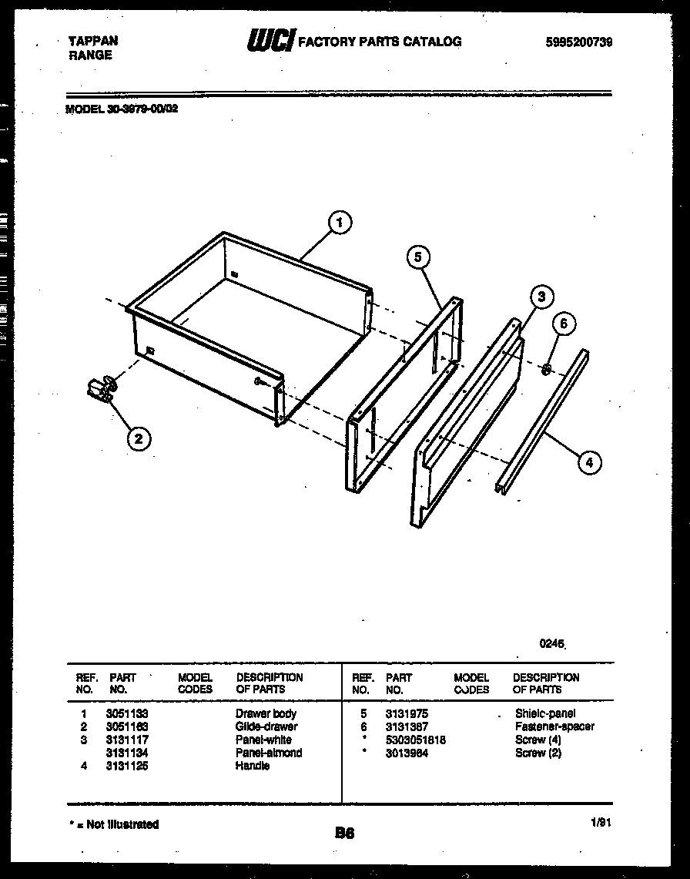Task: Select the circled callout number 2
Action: click(x=138, y=439)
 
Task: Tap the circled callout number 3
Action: click(x=541, y=297)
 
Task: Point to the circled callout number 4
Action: click(x=589, y=462)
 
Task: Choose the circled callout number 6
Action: click(x=563, y=324)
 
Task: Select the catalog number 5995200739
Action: click(x=578, y=42)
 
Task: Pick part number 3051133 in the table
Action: click(x=127, y=713)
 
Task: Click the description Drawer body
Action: click(x=266, y=713)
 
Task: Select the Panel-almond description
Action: click(x=269, y=753)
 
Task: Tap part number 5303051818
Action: click(x=416, y=740)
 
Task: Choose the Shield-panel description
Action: click(x=545, y=713)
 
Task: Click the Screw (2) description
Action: click(x=538, y=753)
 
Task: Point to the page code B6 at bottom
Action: click(x=344, y=832)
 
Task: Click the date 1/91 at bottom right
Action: click(x=600, y=823)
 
